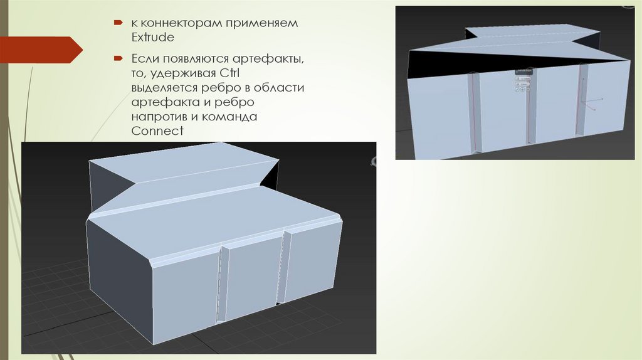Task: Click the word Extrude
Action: coord(153,37)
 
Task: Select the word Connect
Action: coord(157,131)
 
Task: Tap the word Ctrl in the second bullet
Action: coord(229,73)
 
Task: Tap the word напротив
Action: coord(159,117)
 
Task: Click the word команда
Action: coord(228,116)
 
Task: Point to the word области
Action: coord(279,88)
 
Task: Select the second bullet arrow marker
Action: coord(118,58)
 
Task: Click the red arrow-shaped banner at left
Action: coord(41,50)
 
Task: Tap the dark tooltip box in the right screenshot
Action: coord(524,71)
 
